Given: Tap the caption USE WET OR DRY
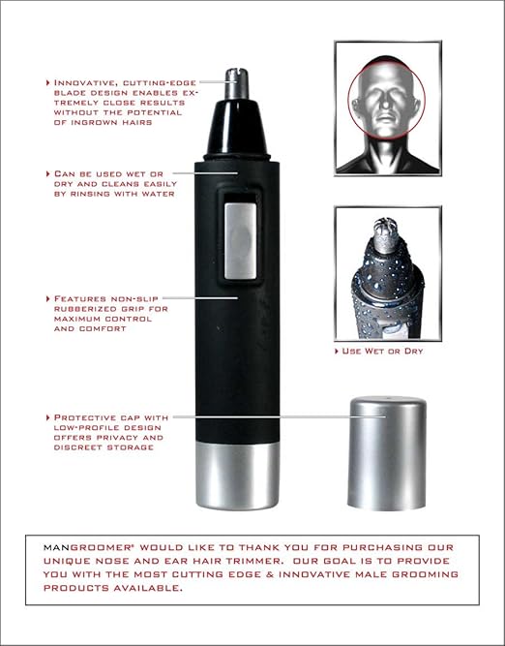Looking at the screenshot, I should pyautogui.click(x=383, y=350).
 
